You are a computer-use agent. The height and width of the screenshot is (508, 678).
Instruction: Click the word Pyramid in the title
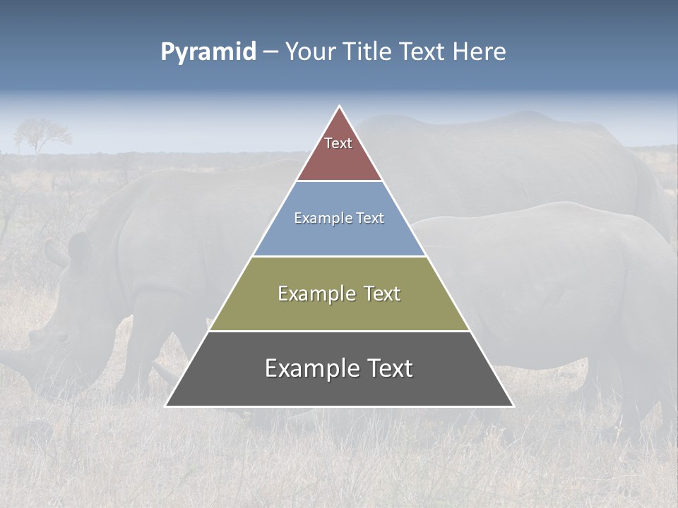208,52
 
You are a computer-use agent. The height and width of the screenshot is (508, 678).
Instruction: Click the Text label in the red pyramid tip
338,143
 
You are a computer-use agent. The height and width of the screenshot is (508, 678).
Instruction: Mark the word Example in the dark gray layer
308,368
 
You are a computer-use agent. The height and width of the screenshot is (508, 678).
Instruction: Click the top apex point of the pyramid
339,107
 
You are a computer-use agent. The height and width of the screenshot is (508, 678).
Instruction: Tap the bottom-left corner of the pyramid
166,406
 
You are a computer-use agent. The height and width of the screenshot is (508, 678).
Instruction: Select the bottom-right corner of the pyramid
513,406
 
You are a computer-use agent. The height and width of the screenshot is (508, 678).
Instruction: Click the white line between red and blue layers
339,181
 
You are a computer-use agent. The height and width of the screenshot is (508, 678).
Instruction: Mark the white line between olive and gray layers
339,331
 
